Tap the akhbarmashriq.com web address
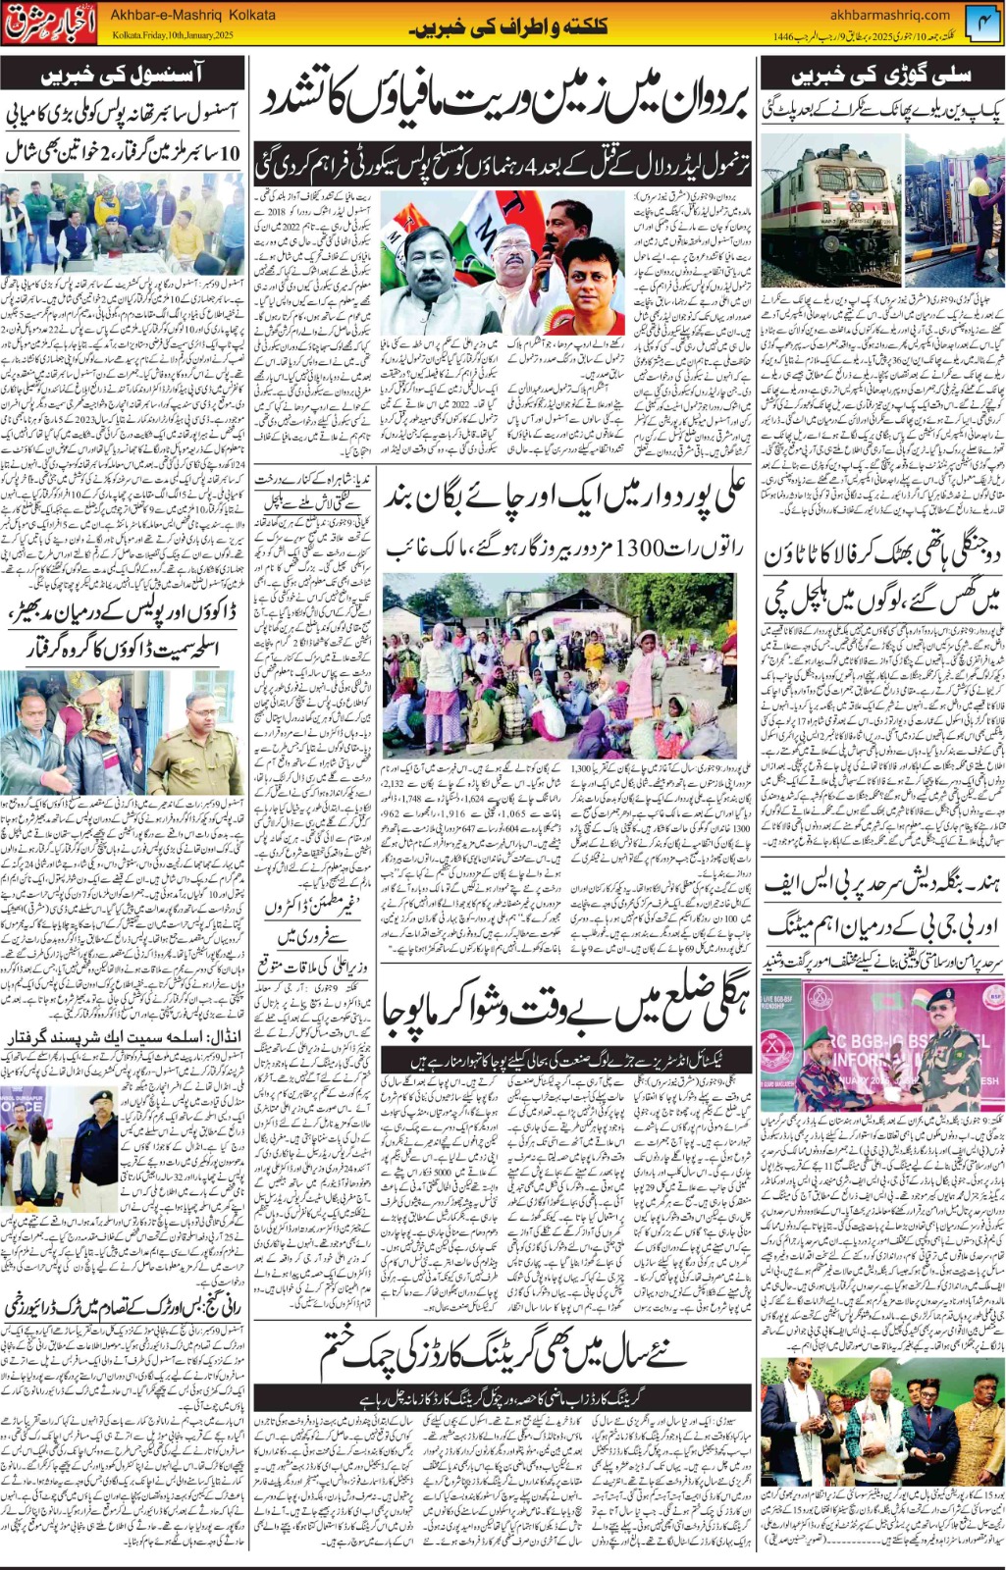click(x=889, y=15)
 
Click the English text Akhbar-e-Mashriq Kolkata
click(x=192, y=16)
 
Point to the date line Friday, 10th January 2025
click(x=173, y=35)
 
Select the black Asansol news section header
click(x=123, y=75)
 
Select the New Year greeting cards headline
click(x=505, y=1354)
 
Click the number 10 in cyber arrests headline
click(x=230, y=153)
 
